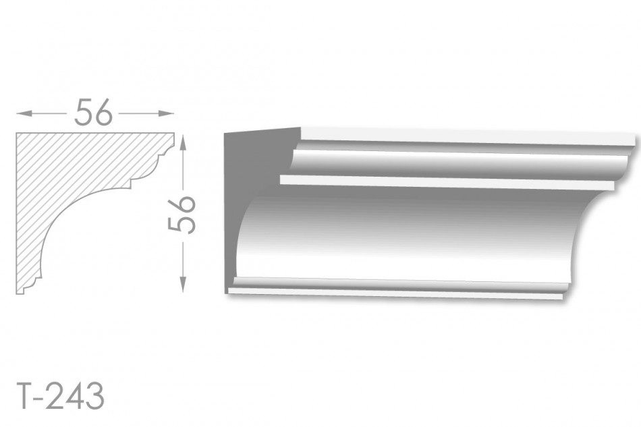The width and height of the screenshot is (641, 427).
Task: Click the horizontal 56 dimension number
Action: tap(93, 112)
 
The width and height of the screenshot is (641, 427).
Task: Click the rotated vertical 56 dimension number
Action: tap(182, 215)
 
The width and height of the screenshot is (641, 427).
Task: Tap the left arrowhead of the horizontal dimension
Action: tap(24, 113)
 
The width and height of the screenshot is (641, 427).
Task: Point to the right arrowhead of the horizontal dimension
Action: tap(167, 113)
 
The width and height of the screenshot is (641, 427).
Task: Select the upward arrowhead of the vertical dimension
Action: tap(183, 143)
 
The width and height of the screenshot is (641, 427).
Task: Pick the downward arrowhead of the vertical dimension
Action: tap(183, 285)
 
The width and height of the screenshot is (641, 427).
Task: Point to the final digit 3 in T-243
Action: tap(95, 396)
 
